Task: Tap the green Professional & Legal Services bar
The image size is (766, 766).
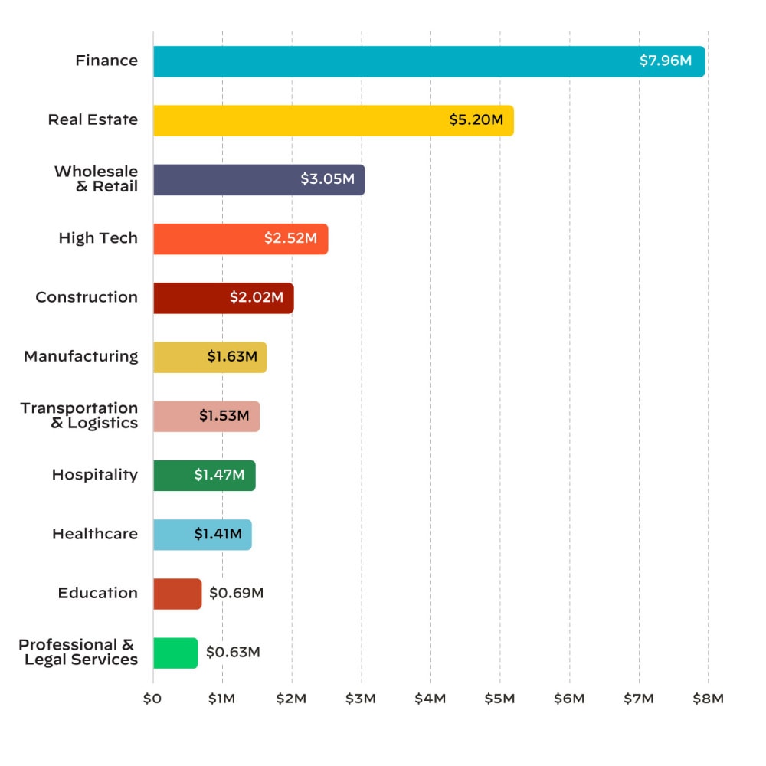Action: click(x=175, y=653)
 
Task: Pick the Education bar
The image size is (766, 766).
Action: click(x=177, y=594)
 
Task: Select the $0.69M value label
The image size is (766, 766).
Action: click(x=236, y=594)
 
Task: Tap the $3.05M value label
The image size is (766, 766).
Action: click(x=327, y=179)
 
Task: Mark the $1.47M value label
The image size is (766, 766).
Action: click(x=219, y=476)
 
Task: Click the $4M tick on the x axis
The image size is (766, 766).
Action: click(x=430, y=699)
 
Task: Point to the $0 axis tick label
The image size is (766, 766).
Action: click(x=152, y=699)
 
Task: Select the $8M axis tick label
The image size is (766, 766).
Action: click(x=708, y=699)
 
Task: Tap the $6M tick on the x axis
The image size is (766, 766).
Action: click(x=569, y=699)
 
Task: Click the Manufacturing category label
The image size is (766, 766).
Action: click(x=81, y=357)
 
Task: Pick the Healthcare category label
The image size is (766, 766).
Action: click(x=95, y=534)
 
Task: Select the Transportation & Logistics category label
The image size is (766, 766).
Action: click(x=80, y=415)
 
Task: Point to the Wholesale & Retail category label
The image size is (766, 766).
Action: click(x=97, y=178)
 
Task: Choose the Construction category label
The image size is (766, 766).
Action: click(x=87, y=297)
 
